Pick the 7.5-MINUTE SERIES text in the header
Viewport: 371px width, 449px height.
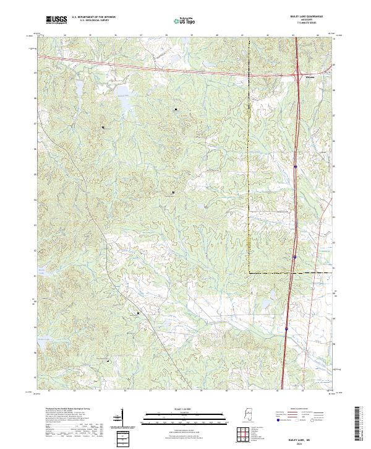click(x=307, y=24)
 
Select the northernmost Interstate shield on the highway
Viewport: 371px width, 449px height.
click(x=296, y=166)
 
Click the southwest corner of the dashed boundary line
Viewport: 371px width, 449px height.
click(x=250, y=272)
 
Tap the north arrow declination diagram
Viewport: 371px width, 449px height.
click(x=119, y=421)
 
